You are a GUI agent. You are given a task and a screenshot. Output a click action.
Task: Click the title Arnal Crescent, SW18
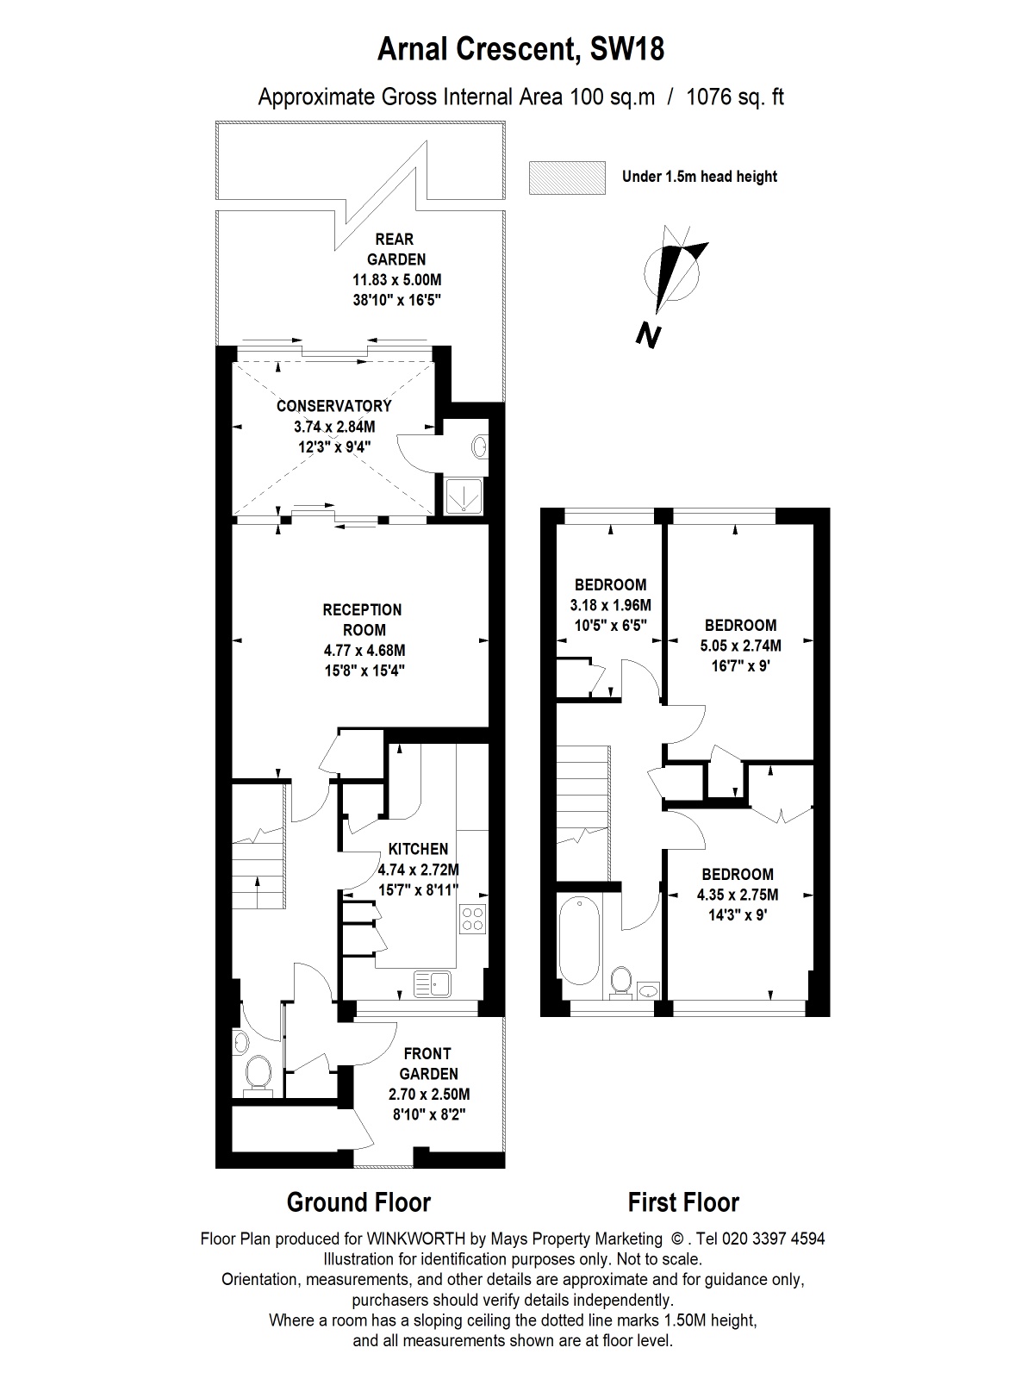click(521, 51)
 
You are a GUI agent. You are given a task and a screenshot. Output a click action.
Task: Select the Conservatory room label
click(333, 406)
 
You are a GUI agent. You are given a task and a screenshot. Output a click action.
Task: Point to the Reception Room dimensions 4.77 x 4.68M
click(362, 651)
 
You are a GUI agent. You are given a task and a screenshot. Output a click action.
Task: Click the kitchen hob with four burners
click(473, 919)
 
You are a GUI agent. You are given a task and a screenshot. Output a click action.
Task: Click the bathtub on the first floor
click(582, 940)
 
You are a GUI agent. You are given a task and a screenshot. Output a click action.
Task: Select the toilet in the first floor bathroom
click(620, 981)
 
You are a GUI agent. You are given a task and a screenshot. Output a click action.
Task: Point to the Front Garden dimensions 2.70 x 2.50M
click(428, 1095)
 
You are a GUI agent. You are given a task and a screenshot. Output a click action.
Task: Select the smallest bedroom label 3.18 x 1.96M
click(610, 605)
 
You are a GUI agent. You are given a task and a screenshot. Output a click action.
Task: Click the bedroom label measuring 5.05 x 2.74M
click(740, 646)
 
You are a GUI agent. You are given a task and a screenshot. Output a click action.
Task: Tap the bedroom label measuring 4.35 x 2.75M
click(737, 895)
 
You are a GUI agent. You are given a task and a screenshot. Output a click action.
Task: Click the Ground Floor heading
click(358, 1201)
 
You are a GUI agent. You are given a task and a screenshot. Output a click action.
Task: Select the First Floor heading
click(682, 1201)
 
